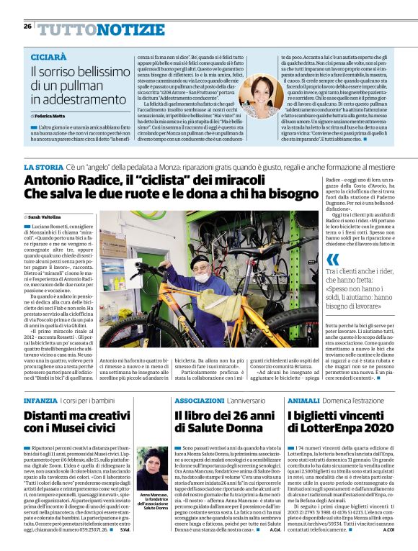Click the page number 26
27,27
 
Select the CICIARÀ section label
50,56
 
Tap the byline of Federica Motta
50,115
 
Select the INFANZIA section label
40,399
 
